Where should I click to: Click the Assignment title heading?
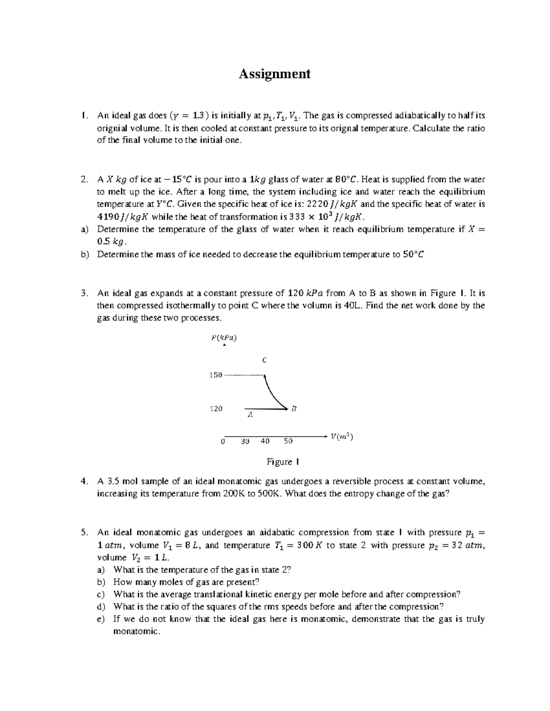coord(274,74)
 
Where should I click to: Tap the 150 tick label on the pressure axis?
coord(215,375)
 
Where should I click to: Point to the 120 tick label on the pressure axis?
coord(216,408)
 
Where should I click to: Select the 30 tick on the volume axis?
coord(244,441)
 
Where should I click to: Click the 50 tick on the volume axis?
coord(287,441)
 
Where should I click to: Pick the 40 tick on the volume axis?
coord(265,441)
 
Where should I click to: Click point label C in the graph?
coord(264,360)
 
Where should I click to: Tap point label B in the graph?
coord(294,408)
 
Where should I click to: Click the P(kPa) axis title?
coord(224,338)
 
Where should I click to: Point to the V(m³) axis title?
coord(341,437)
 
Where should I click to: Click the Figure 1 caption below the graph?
coord(283,462)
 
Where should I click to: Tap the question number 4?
coord(83,481)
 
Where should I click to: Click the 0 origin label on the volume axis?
coord(222,441)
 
